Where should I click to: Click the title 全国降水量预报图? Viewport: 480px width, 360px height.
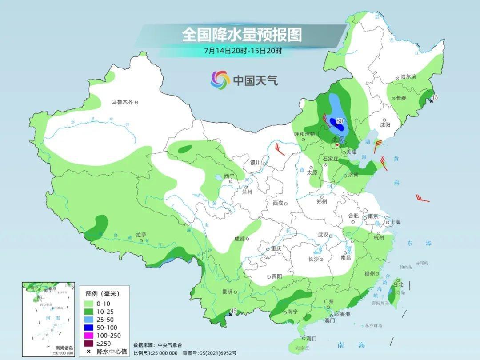[242, 35]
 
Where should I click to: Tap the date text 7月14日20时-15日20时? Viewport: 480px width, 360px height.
[243, 51]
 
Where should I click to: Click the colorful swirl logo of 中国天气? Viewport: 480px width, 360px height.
[220, 80]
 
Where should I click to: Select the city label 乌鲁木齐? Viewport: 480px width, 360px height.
[122, 102]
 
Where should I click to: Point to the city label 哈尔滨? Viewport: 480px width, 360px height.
[408, 77]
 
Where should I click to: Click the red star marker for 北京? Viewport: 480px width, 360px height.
[337, 145]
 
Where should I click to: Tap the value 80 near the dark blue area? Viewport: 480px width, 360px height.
[340, 120]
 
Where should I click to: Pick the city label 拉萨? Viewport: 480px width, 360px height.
[141, 234]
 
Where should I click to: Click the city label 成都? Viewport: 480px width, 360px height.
[239, 239]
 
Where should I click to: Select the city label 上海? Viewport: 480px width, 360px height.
[395, 222]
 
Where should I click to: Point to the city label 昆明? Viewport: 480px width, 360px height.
[227, 292]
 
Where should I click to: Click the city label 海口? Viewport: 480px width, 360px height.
[312, 339]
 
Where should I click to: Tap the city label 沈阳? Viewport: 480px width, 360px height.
[385, 125]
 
